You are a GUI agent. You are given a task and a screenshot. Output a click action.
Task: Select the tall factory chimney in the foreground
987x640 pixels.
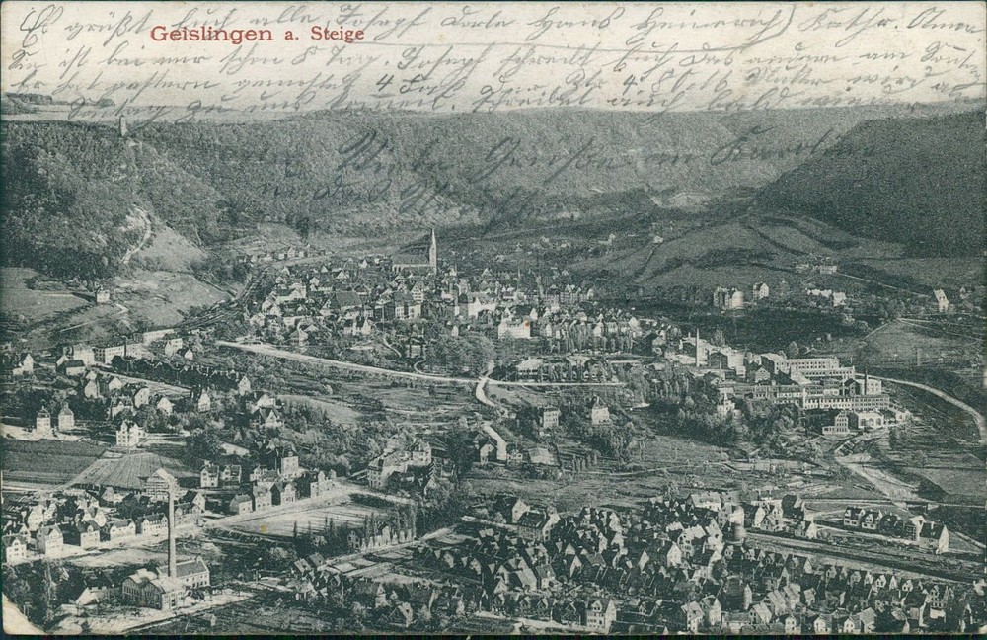tap(172, 528)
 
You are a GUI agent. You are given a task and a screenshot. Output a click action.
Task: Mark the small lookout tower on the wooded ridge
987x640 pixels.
tap(123, 126)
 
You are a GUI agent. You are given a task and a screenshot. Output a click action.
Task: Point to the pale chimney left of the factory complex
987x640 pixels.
tap(697, 348)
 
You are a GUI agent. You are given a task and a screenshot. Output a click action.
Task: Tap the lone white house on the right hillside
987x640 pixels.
tap(940, 299)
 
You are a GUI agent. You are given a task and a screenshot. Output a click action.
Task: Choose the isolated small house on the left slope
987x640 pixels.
tap(103, 294)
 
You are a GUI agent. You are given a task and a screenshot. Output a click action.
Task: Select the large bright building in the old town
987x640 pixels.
tap(514, 327)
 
